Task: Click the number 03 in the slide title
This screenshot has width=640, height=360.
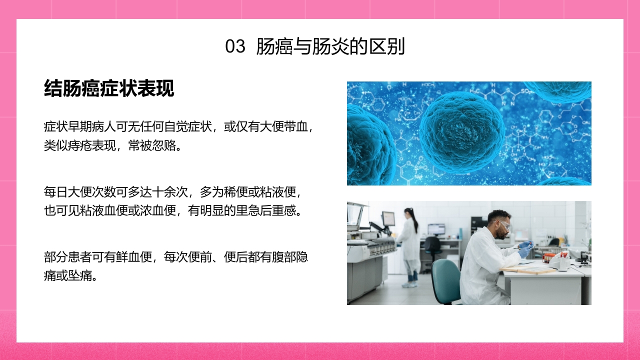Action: click(x=235, y=46)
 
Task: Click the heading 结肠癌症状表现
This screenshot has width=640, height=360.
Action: click(x=109, y=88)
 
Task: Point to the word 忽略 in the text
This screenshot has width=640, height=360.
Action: click(x=165, y=146)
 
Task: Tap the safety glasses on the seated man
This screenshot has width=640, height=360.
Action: click(x=505, y=225)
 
